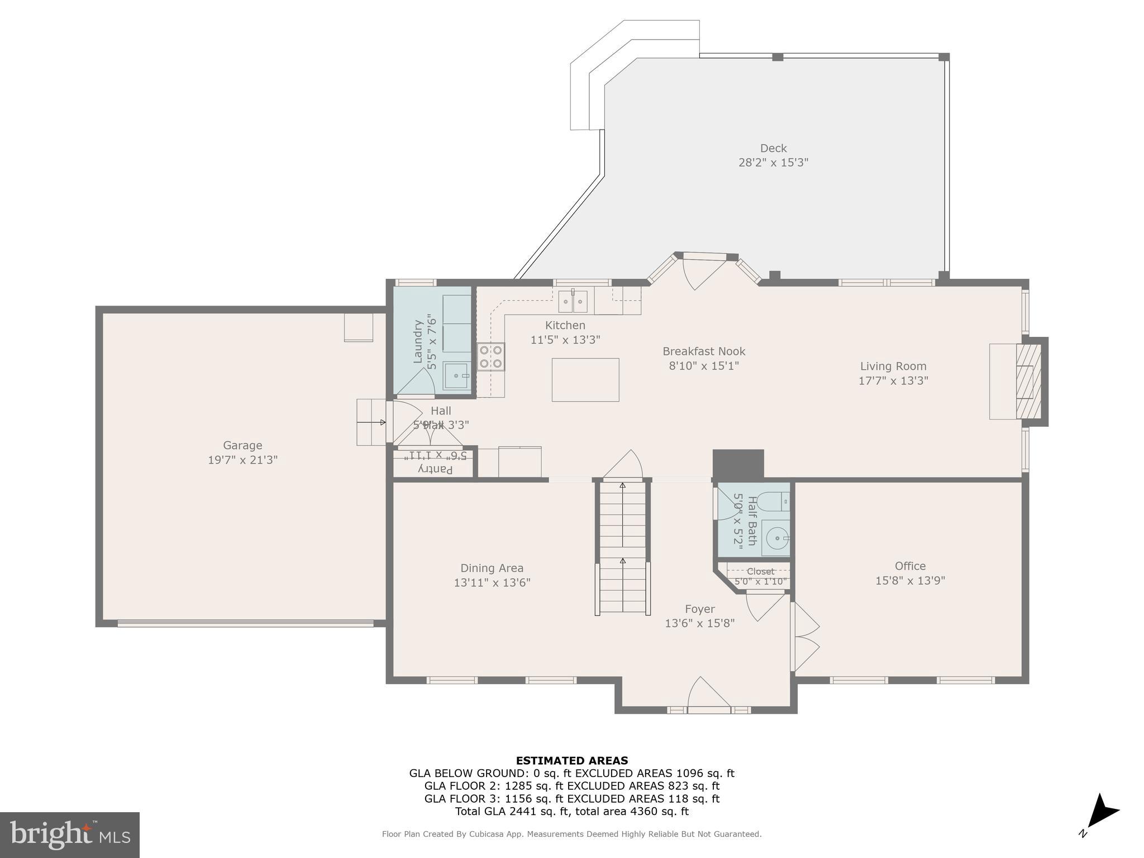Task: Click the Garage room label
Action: tap(242, 445)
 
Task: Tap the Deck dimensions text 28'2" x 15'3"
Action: tap(773, 163)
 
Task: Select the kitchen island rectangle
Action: tap(585, 380)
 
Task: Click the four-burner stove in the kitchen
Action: tap(490, 357)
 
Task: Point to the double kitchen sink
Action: tap(573, 302)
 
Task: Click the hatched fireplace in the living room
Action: tap(1028, 381)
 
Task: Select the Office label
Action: tap(910, 566)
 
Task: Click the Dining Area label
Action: tap(492, 568)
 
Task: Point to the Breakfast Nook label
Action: tap(704, 351)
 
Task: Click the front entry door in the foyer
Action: tap(709, 695)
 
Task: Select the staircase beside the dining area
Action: tap(622, 547)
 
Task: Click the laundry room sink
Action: tap(456, 376)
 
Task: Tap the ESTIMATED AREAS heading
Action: tap(571, 760)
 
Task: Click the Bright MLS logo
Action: tap(70, 835)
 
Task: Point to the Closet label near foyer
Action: tap(760, 571)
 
